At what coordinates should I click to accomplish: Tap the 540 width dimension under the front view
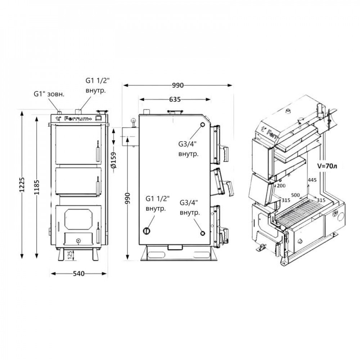coord(78,274)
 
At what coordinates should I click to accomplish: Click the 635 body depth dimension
coord(174,99)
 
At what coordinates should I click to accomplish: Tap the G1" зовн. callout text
coord(49,94)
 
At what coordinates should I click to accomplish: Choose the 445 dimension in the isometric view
coord(312,180)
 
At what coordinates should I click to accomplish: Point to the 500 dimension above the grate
coord(296,195)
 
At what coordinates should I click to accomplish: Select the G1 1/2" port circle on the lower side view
coord(146,230)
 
